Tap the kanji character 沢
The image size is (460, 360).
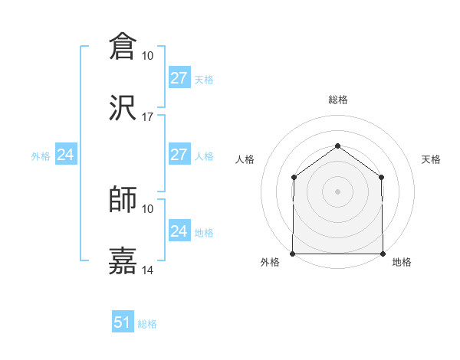[x=123, y=107]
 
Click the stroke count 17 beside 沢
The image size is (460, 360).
[x=148, y=117]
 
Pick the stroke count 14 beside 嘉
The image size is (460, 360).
[x=148, y=271]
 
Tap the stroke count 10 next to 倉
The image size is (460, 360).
[x=148, y=56]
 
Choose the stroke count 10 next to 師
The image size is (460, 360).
[x=148, y=208]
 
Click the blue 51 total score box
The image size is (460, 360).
[x=123, y=322]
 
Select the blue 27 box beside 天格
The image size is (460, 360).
[x=179, y=78]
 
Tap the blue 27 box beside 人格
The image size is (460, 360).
[x=179, y=155]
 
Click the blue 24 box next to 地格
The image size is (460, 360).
[x=179, y=231]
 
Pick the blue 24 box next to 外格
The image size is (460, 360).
[x=66, y=155]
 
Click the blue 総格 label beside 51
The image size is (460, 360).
[x=147, y=324]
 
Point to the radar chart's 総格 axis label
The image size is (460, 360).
[x=338, y=100]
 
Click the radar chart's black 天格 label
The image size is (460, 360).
[x=432, y=159]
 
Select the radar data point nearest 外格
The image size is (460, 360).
[x=293, y=254]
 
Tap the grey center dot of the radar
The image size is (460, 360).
[x=338, y=191]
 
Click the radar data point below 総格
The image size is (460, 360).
[x=338, y=146]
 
